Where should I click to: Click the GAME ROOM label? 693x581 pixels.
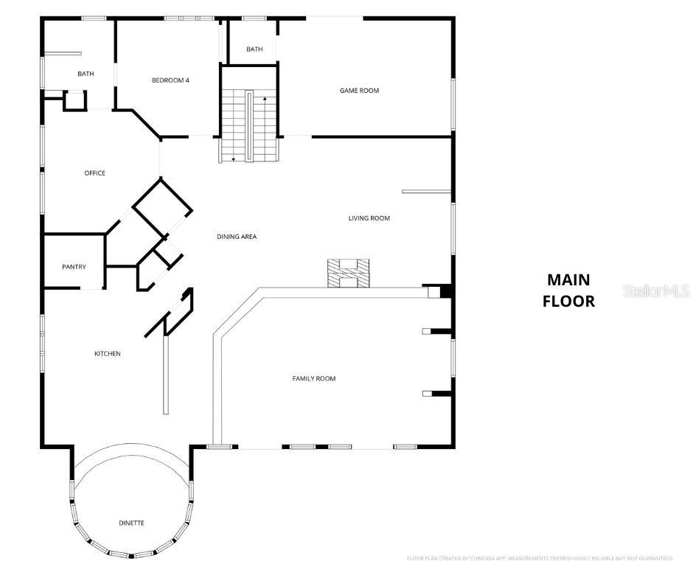(x=359, y=91)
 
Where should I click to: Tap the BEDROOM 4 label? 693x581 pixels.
(x=170, y=80)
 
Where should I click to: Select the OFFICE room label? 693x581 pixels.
(x=94, y=173)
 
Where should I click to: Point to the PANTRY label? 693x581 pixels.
(x=74, y=267)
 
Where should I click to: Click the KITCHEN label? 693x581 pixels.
(x=107, y=354)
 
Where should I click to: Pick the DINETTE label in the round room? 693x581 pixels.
(x=132, y=523)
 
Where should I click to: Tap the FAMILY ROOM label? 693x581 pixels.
(x=314, y=378)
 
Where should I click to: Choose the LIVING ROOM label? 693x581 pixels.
(x=369, y=218)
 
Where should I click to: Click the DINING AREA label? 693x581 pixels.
(x=237, y=237)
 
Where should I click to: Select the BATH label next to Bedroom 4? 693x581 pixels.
(x=86, y=74)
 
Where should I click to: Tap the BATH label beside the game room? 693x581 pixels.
(x=254, y=49)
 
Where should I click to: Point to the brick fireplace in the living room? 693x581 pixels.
(x=349, y=273)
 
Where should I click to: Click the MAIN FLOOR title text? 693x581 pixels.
(x=568, y=290)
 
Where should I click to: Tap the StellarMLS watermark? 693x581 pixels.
(x=656, y=291)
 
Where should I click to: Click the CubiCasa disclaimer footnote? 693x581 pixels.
(x=540, y=558)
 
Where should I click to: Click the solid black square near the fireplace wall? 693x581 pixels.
(x=445, y=292)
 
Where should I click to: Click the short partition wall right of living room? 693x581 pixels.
(x=425, y=192)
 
